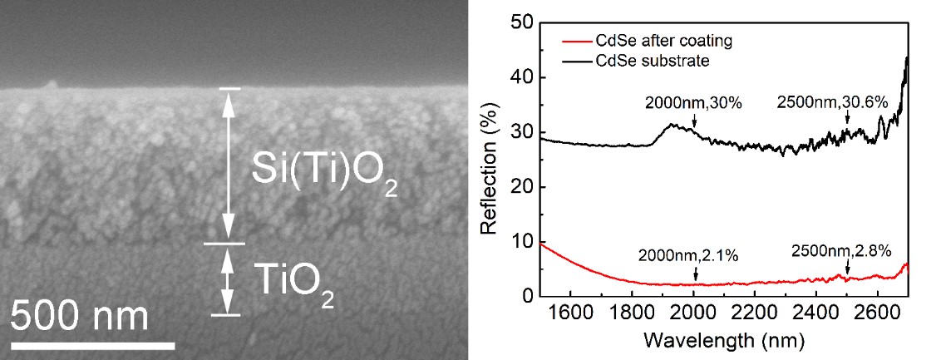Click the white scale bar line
(92, 344)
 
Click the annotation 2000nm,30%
(692, 105)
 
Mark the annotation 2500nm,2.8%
(841, 249)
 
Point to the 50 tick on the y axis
(524, 22)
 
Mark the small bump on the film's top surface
(52, 84)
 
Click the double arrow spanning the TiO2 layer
(224, 279)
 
